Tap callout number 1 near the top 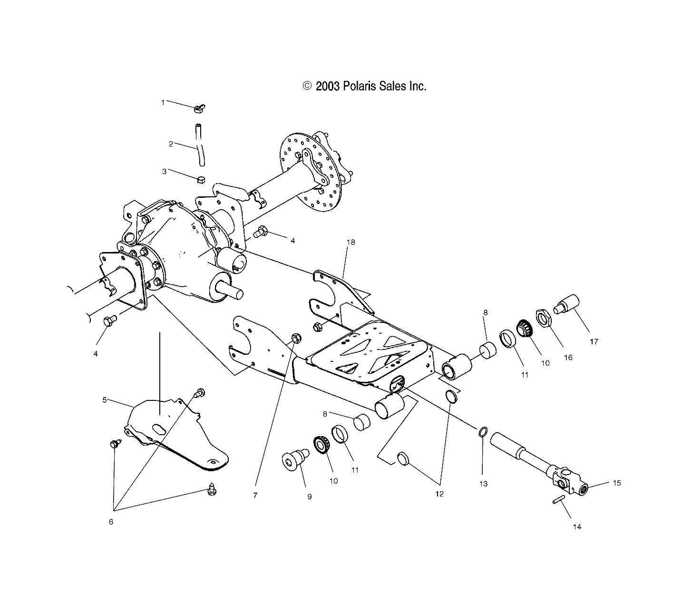click(x=163, y=102)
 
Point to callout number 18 click(x=351, y=242)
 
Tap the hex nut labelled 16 click(x=543, y=318)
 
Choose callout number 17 click(x=594, y=341)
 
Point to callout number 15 click(x=617, y=483)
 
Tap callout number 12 click(x=439, y=494)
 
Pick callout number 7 click(x=255, y=495)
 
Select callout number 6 click(x=111, y=522)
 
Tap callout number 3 click(x=165, y=171)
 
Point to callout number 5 click(x=105, y=400)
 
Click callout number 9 click(x=309, y=496)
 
